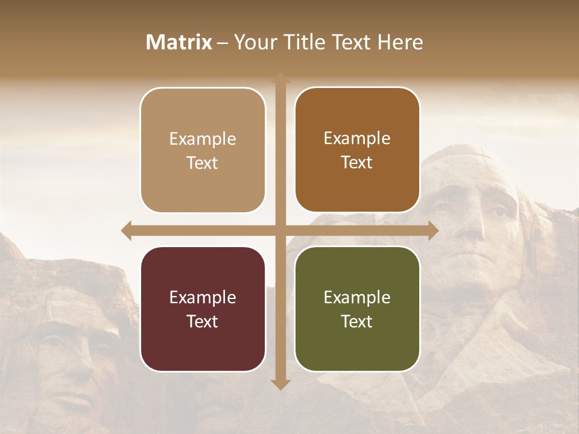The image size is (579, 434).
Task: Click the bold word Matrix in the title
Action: click(179, 42)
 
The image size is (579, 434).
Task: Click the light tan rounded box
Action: click(203, 150)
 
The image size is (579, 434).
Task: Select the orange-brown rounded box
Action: click(357, 150)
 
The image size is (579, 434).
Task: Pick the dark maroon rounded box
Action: click(203, 309)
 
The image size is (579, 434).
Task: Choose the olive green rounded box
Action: click(357, 309)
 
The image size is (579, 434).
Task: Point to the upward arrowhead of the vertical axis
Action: click(280, 78)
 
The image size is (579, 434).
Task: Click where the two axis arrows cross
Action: click(280, 230)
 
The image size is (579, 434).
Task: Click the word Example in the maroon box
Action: click(203, 297)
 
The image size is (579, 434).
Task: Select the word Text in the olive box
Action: click(357, 321)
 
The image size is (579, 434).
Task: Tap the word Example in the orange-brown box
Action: click(357, 138)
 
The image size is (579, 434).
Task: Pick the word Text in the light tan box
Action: click(203, 163)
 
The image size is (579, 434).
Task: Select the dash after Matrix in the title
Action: click(222, 43)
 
